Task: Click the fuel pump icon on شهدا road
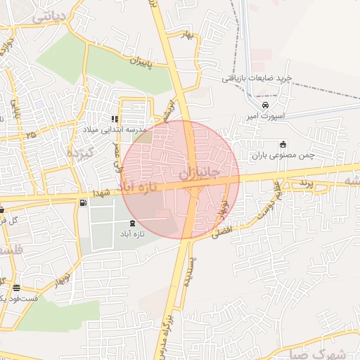point(84,203)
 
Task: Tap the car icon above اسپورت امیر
point(264,105)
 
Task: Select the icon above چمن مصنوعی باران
point(283,144)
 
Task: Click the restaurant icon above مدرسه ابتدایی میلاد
point(115,119)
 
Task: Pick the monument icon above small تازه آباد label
point(133,222)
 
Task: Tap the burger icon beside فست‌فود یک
point(15,288)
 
